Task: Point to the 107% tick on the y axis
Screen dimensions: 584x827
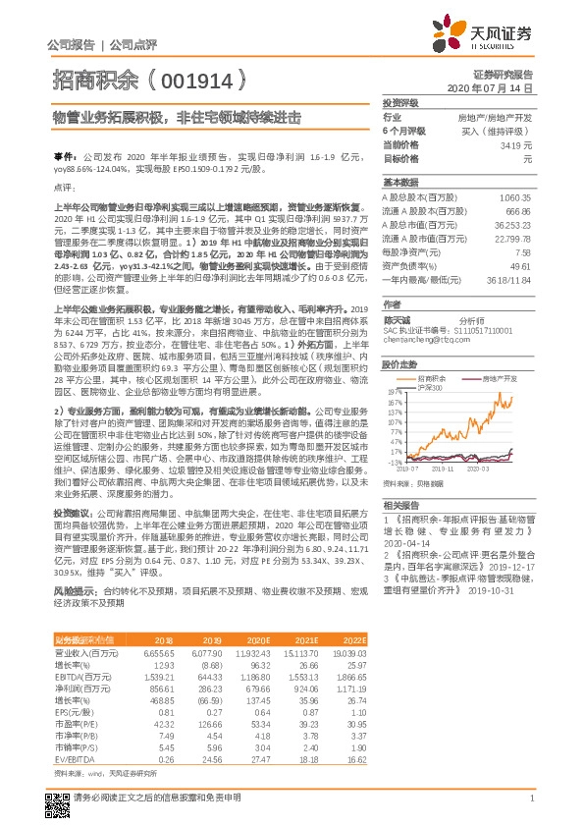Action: tap(395, 417)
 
